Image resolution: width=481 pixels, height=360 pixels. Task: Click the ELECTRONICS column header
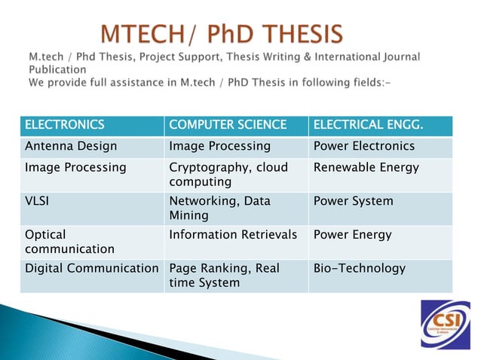(x=64, y=125)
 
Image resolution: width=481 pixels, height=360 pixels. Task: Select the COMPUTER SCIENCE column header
(x=228, y=125)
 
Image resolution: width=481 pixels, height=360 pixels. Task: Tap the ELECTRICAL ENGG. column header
(x=366, y=125)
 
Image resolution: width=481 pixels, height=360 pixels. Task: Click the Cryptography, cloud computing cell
(x=228, y=175)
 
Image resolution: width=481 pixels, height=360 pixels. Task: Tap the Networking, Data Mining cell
(x=219, y=209)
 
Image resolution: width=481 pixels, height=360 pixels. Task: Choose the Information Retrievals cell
(x=233, y=235)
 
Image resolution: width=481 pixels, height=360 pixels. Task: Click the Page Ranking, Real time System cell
(x=224, y=276)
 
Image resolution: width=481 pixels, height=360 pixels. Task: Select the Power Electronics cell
(x=363, y=146)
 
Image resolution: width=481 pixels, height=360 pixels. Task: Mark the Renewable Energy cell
(x=366, y=168)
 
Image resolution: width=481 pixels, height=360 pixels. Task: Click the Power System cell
(x=353, y=202)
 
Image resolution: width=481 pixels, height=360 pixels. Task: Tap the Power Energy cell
(x=352, y=235)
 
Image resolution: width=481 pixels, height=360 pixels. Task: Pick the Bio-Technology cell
(x=359, y=268)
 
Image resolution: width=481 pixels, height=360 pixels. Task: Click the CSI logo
(x=445, y=323)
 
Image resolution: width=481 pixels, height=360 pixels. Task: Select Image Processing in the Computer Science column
(x=219, y=146)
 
